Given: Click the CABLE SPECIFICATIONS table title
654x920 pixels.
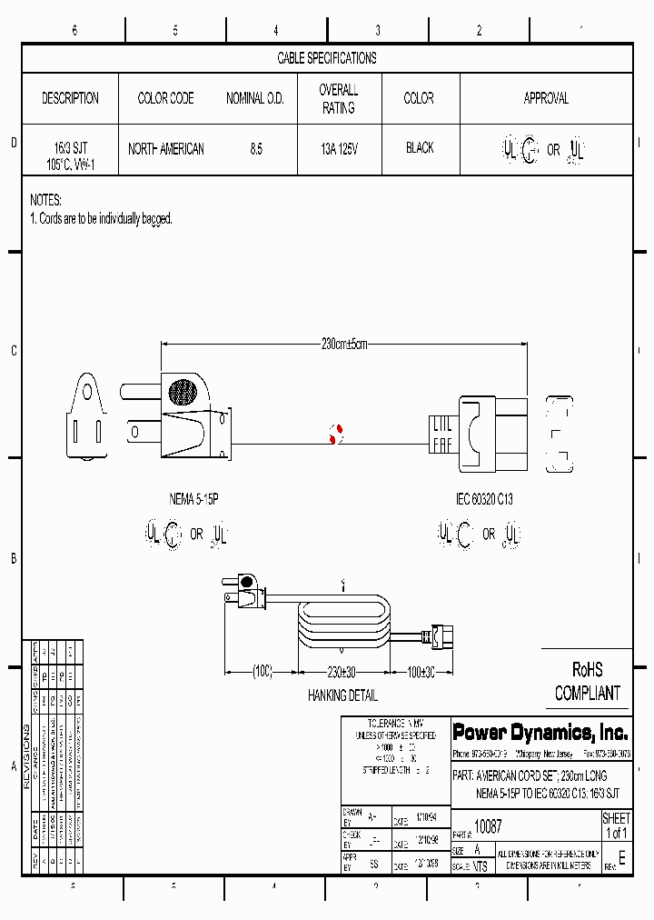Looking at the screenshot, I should pyautogui.click(x=327, y=58).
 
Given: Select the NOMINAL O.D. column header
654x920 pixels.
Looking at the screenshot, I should pyautogui.click(x=255, y=98).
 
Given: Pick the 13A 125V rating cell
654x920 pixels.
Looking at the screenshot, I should pyautogui.click(x=339, y=148).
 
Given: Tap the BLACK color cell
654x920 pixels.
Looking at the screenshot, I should pyautogui.click(x=420, y=148).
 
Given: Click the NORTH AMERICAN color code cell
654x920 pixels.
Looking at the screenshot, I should pyautogui.click(x=166, y=149).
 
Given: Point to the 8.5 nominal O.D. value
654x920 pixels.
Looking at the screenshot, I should pyautogui.click(x=256, y=149).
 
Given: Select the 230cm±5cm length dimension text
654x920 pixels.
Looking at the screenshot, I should pyautogui.click(x=344, y=345).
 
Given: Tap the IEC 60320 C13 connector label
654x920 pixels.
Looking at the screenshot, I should pyautogui.click(x=484, y=499).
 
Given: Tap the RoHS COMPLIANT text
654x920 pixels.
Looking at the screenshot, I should pyautogui.click(x=588, y=682).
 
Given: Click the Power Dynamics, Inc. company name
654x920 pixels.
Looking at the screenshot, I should pyautogui.click(x=540, y=732).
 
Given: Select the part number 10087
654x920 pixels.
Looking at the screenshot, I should pyautogui.click(x=489, y=828).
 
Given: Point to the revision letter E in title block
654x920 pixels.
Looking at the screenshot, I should pyautogui.click(x=621, y=858).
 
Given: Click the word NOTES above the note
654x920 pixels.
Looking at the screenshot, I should pyautogui.click(x=46, y=199).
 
